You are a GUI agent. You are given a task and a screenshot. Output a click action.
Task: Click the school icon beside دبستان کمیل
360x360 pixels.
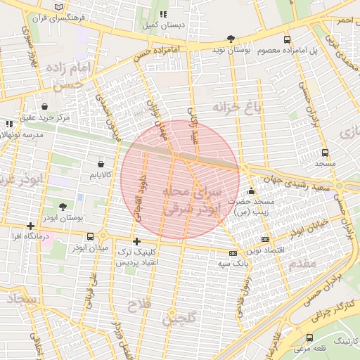pyautogui.click(x=164, y=14)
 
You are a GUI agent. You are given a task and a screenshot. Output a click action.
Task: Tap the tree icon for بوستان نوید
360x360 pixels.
pyautogui.click(x=231, y=39)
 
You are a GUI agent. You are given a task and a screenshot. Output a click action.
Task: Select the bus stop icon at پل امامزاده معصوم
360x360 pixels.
pyautogui.click(x=287, y=39)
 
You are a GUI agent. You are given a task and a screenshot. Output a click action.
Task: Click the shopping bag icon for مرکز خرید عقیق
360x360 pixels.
pyautogui.click(x=45, y=106)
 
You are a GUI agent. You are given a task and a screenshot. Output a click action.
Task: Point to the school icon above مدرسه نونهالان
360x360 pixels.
pyautogui.click(x=9, y=124)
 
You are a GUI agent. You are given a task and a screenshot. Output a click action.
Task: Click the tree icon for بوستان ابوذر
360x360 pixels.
pyautogui.click(x=63, y=207)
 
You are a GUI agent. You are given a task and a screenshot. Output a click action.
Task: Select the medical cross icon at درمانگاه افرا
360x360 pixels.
pyautogui.click(x=30, y=226)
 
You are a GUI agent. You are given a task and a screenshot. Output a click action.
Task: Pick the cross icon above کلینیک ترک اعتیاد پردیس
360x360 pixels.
pyautogui.click(x=136, y=241)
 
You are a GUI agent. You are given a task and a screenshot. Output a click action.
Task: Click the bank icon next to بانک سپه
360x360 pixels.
pyautogui.click(x=233, y=253)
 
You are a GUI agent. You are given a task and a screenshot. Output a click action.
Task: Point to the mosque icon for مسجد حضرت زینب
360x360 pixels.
pyautogui.click(x=252, y=191)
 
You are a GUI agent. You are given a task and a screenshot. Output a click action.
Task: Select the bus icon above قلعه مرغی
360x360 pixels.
pyautogui.click(x=310, y=337)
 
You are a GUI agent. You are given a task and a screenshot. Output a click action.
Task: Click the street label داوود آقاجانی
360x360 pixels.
pyautogui.click(x=139, y=198)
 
